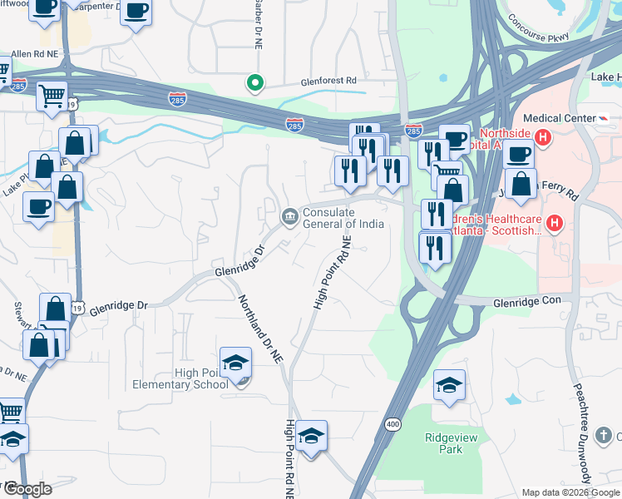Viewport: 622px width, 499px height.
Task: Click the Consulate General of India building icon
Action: (289, 218)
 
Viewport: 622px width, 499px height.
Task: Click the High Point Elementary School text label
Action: (180, 379)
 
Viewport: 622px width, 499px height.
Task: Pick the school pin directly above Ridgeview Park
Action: (450, 384)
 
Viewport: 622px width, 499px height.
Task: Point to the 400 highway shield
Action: (391, 425)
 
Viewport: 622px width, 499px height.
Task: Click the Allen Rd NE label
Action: (34, 53)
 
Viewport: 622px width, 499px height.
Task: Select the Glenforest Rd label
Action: (328, 82)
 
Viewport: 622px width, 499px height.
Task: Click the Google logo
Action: (27, 489)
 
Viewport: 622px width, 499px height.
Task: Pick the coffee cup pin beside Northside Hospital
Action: (518, 154)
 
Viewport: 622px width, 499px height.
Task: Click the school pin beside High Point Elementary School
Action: (236, 363)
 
